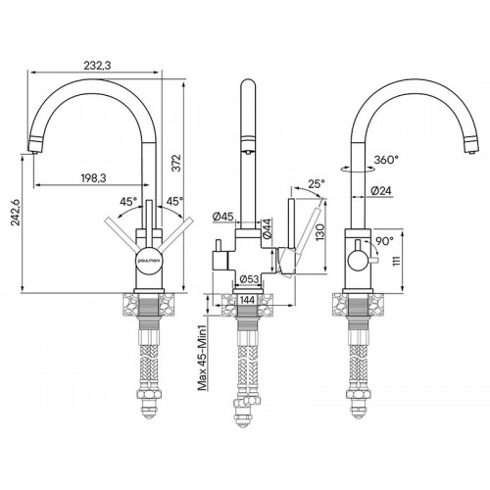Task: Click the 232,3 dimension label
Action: [x=97, y=66]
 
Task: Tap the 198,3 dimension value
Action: [x=93, y=178]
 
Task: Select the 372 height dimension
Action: [x=176, y=163]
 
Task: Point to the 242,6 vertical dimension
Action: [x=16, y=212]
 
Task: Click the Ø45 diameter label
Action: [x=222, y=216]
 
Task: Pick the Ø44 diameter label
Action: [x=267, y=228]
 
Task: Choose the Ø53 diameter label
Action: [x=249, y=279]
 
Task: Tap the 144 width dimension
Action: [x=247, y=300]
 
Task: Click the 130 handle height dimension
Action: [x=320, y=232]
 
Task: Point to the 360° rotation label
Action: [x=387, y=160]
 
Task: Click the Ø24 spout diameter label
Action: [x=381, y=191]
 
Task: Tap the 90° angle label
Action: [x=384, y=241]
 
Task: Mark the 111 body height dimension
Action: [x=396, y=261]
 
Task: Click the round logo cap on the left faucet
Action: [x=148, y=261]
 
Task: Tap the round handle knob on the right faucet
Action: [x=359, y=261]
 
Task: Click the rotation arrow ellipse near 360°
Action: [x=358, y=170]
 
